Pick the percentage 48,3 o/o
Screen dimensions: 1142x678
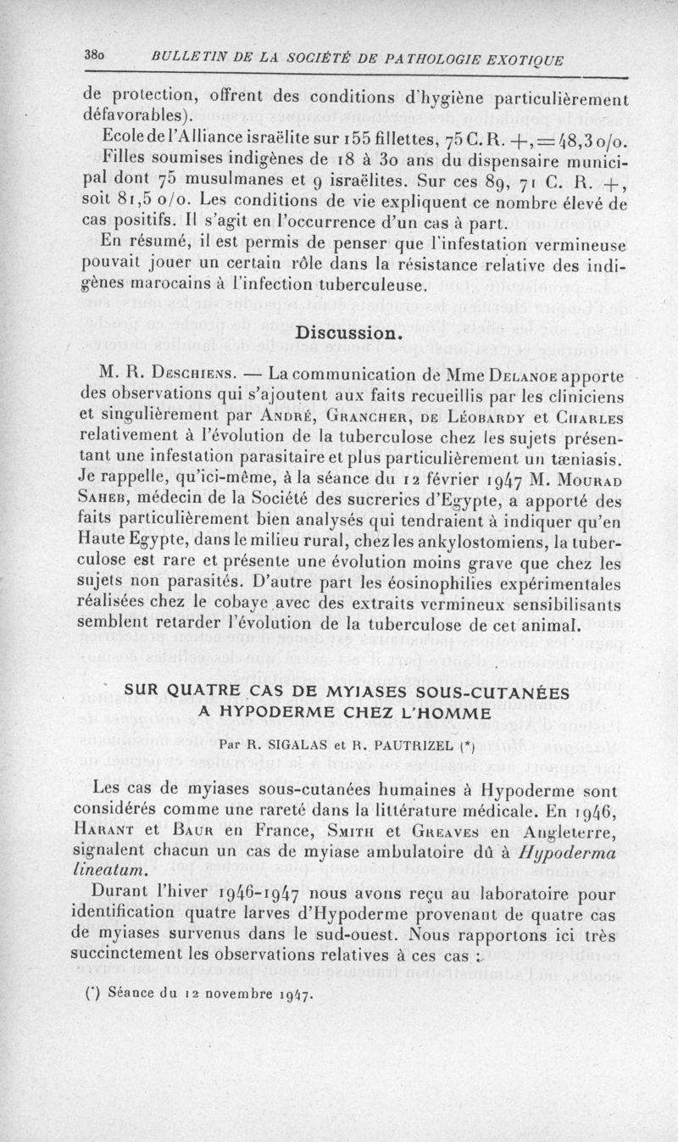(593, 138)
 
